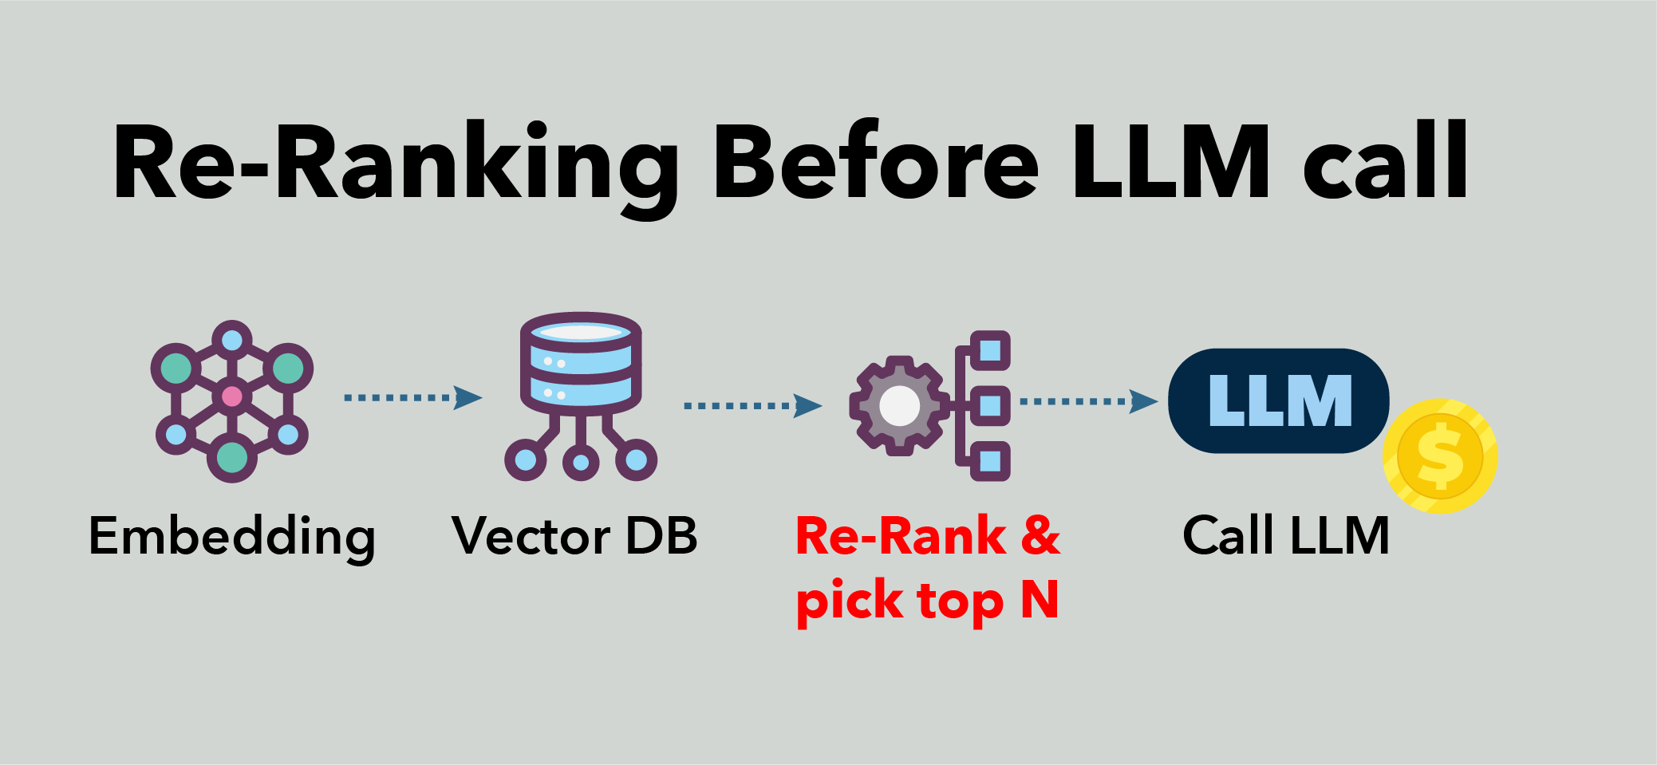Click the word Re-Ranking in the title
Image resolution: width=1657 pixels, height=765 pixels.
click(x=395, y=164)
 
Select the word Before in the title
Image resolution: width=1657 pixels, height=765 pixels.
click(x=876, y=164)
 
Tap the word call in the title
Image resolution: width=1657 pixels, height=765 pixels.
click(x=1385, y=164)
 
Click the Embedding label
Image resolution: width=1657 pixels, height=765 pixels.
click(x=231, y=536)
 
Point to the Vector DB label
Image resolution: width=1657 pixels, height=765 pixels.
click(x=574, y=536)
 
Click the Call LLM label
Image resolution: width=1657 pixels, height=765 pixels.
click(x=1286, y=536)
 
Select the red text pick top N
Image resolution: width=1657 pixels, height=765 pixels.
click(x=927, y=601)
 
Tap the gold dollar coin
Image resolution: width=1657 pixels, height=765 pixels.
click(x=1440, y=456)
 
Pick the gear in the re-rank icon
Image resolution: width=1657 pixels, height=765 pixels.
click(x=899, y=406)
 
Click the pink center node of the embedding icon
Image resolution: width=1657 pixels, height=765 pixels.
click(x=232, y=396)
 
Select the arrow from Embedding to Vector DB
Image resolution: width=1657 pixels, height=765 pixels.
click(x=412, y=397)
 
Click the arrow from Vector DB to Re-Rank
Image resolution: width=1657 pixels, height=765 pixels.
click(x=752, y=406)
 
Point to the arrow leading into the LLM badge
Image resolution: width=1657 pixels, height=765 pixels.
click(x=1088, y=401)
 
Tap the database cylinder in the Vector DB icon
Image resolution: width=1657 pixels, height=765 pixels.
click(x=581, y=359)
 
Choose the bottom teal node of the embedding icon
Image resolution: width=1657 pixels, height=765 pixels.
click(x=232, y=457)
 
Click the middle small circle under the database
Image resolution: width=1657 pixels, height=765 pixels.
click(x=581, y=462)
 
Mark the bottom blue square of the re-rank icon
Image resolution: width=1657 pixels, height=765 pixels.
click(x=990, y=461)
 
